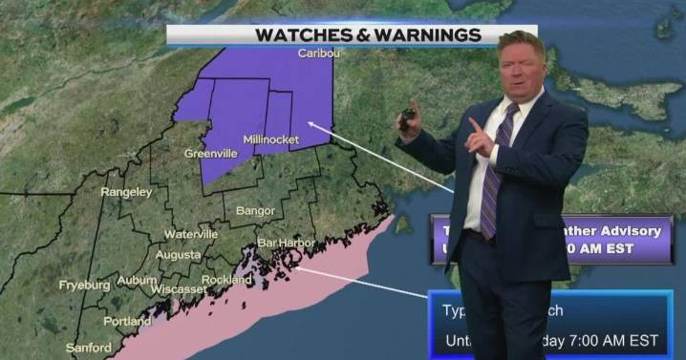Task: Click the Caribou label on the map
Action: click(319, 53)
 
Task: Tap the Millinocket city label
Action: click(270, 140)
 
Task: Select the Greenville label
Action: click(210, 152)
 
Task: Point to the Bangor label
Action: click(255, 211)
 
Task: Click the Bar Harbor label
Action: click(286, 244)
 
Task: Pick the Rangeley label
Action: click(126, 192)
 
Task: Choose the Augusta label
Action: click(178, 256)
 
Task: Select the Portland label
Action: click(127, 322)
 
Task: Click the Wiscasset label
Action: click(178, 288)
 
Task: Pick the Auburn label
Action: click(137, 281)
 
